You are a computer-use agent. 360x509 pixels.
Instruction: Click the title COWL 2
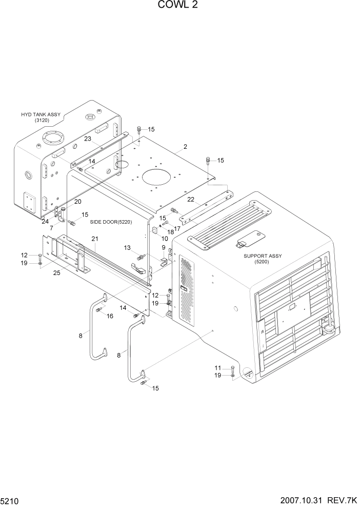[179, 6]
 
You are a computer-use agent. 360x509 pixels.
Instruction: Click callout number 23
[88, 139]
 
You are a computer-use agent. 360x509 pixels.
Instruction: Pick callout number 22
[190, 199]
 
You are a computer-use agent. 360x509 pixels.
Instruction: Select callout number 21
[95, 239]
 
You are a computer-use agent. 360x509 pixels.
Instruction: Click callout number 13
[127, 247]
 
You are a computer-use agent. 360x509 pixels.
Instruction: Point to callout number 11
[217, 368]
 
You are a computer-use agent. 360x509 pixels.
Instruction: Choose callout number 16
[110, 316]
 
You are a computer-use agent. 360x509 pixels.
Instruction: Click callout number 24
[46, 222]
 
